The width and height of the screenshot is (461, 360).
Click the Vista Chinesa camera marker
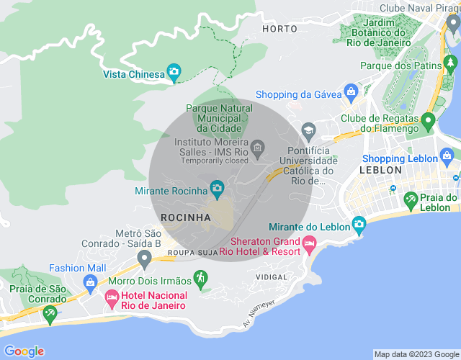coord(174,71)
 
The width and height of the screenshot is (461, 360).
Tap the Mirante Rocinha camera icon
coord(217,189)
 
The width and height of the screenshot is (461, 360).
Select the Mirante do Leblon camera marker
coord(359,225)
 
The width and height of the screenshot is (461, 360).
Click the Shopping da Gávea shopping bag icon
coord(351,92)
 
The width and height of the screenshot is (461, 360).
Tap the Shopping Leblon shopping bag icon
coord(447,156)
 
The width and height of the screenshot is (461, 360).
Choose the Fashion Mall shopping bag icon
coord(91,282)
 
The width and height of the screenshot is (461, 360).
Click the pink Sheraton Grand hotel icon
coord(310,246)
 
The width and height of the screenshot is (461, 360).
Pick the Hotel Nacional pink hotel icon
coord(112,297)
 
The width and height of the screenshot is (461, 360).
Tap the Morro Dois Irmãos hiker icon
coord(200,277)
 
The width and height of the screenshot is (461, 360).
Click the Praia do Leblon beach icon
coord(411,199)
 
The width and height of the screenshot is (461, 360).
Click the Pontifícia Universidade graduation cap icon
coord(309,130)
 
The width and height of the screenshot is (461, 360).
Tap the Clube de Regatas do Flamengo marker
coord(428,120)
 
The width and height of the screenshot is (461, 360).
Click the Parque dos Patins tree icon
coord(451,65)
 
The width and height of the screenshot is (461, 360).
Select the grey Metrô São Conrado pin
coord(144,258)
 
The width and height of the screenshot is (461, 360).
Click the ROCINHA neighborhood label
coord(186,217)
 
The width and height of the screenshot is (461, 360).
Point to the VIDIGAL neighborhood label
coord(271,276)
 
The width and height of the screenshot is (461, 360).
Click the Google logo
coord(24,351)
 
